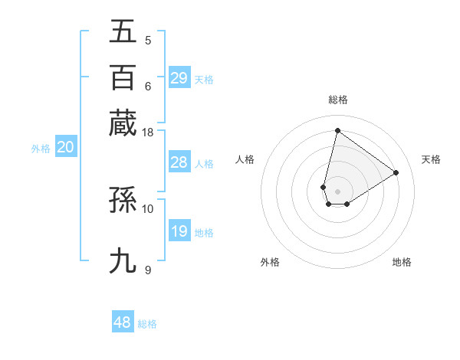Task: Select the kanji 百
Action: tap(123, 77)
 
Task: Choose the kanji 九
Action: tap(123, 260)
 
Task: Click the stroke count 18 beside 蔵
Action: tap(147, 133)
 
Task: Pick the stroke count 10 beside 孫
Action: tap(147, 208)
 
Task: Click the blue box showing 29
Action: tap(179, 77)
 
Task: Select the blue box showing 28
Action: tap(179, 162)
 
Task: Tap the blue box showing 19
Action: tap(179, 231)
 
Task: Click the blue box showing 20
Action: tap(65, 148)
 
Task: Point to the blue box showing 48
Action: tap(123, 322)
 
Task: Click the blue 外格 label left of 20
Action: tap(41, 149)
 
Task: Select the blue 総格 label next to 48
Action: tap(147, 324)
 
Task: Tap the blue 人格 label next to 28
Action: tap(204, 164)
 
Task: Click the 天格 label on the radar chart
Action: tap(431, 159)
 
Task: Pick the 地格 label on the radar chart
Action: tap(402, 262)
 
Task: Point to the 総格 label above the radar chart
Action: tap(337, 100)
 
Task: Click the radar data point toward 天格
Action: tap(396, 172)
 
